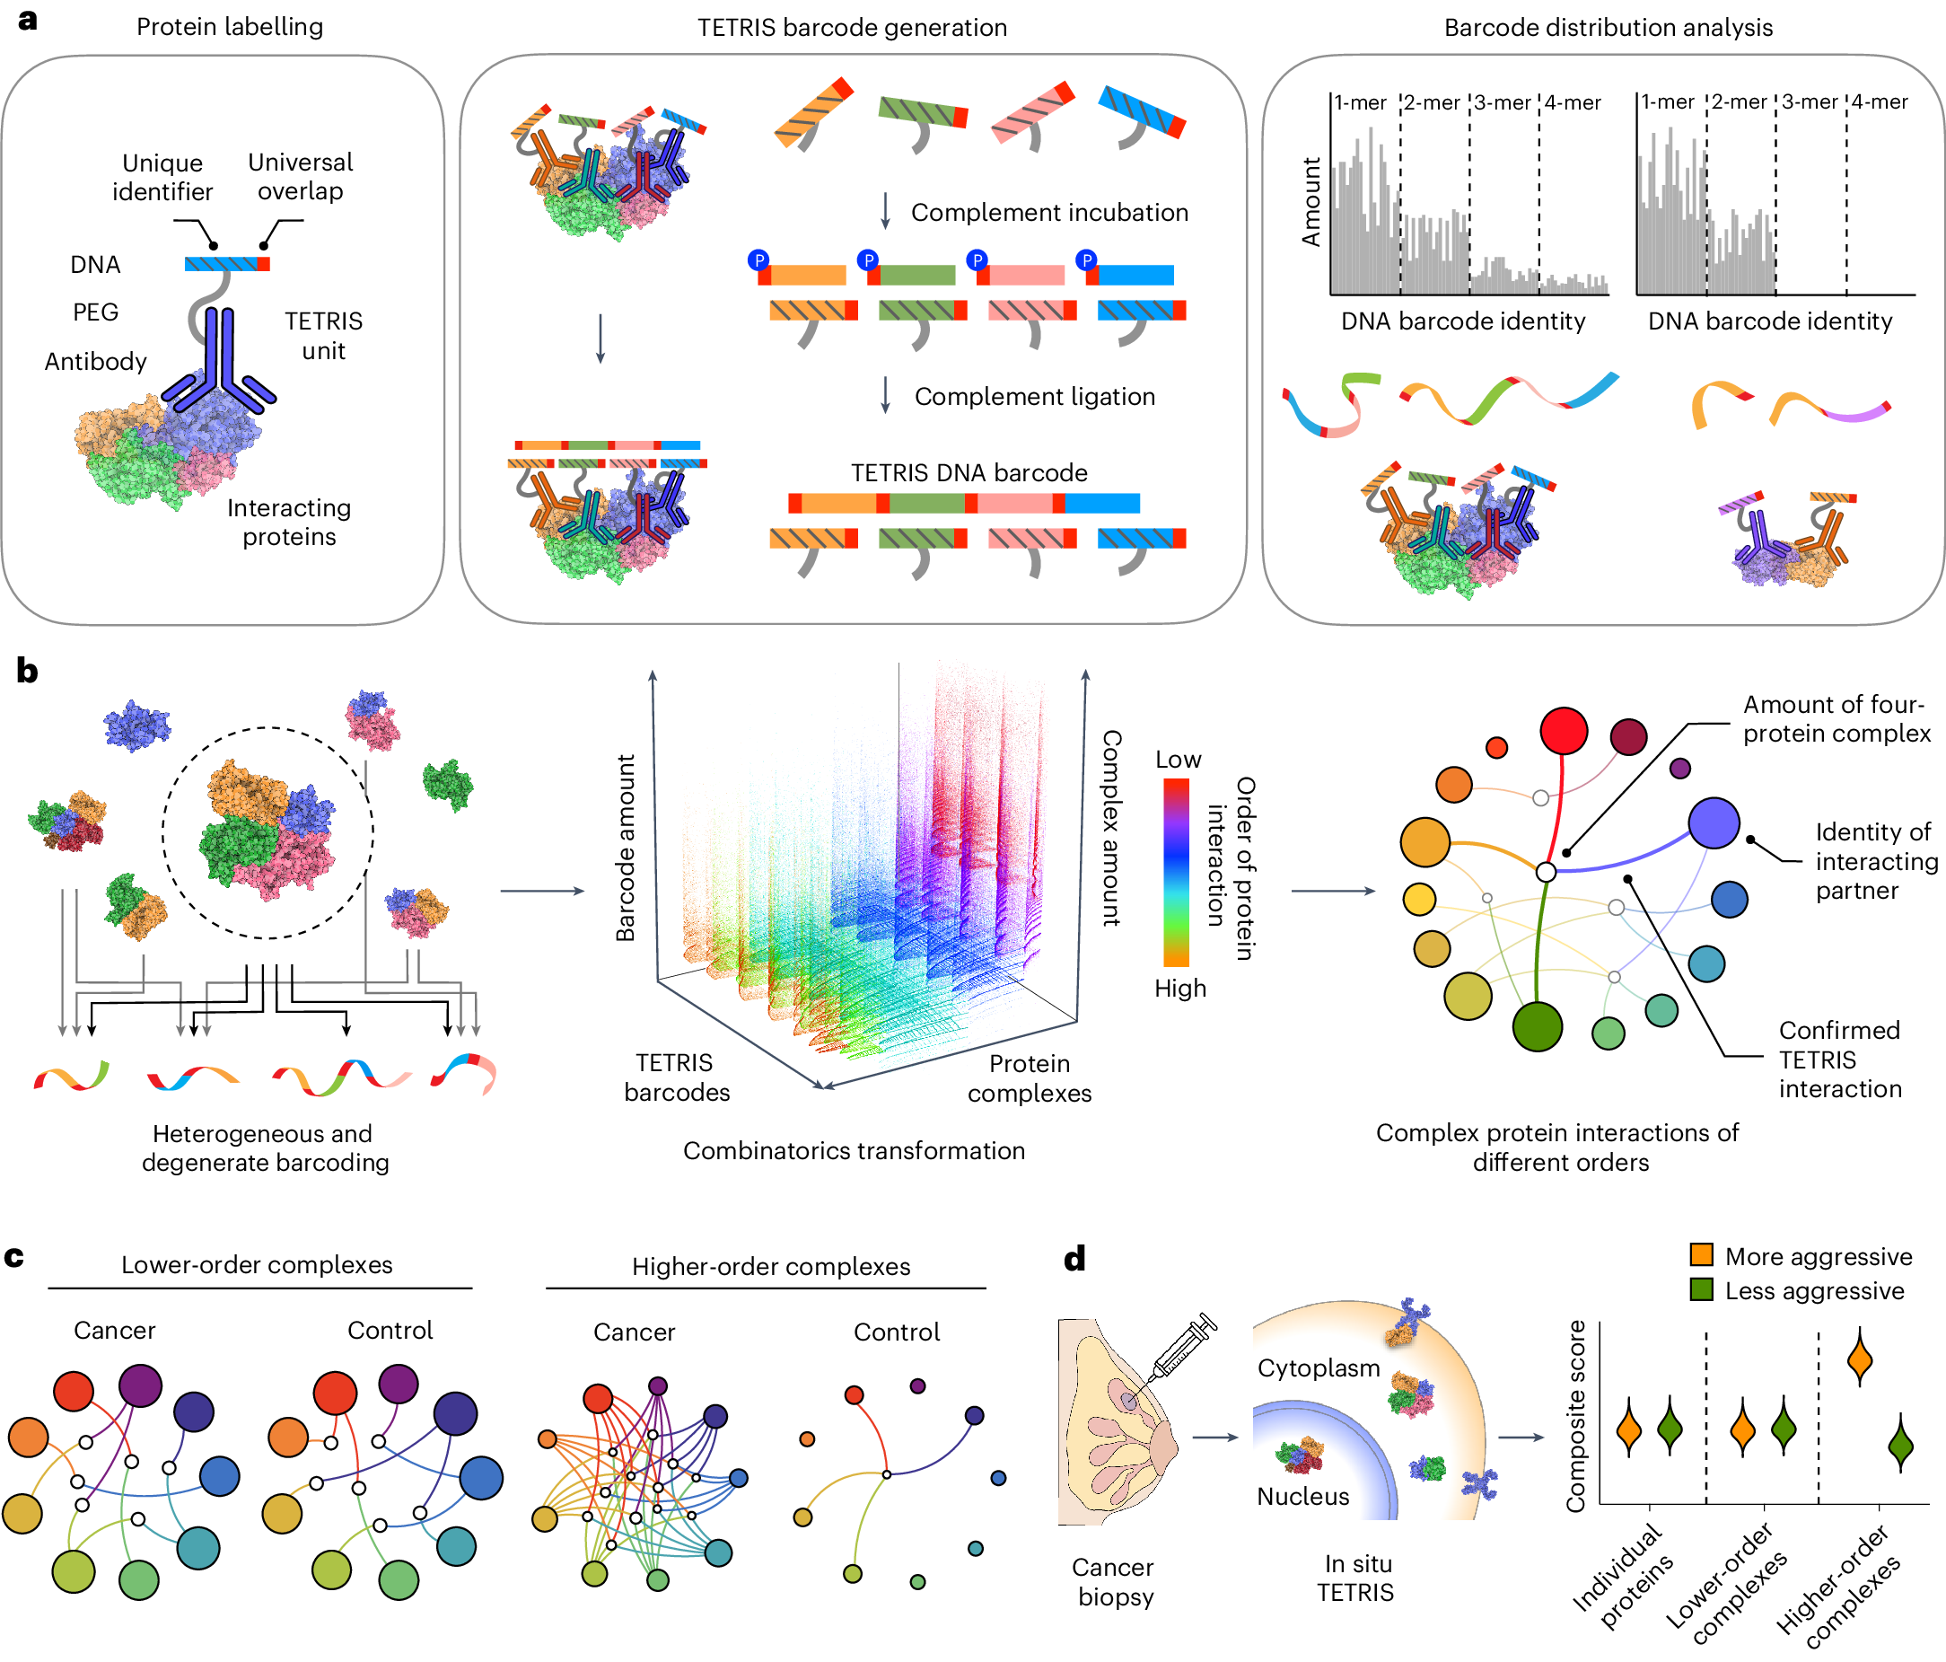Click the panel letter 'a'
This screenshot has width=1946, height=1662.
27,20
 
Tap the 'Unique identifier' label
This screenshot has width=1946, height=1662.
162,177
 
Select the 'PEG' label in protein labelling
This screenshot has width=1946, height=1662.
96,312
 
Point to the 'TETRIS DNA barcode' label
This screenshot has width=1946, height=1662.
969,472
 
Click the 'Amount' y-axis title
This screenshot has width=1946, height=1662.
1310,202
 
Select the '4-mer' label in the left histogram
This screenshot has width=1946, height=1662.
1573,102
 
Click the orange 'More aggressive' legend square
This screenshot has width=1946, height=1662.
1701,1254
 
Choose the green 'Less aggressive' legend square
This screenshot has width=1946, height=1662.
1701,1289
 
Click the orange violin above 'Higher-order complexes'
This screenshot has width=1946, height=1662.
1859,1359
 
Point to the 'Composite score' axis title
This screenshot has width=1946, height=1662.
1575,1416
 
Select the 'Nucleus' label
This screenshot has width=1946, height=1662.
1302,1496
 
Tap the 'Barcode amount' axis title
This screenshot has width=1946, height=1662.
625,848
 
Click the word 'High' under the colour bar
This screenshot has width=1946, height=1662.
1179,988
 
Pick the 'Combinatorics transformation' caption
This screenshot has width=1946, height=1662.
853,1150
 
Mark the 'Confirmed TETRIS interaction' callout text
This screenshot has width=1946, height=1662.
1839,1059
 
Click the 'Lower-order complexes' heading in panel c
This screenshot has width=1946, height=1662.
257,1264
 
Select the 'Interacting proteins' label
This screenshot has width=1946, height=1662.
288,522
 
